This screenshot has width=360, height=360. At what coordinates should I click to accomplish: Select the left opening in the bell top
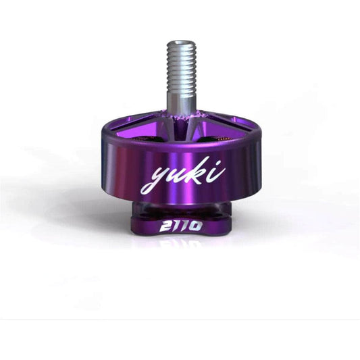coord(147,138)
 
